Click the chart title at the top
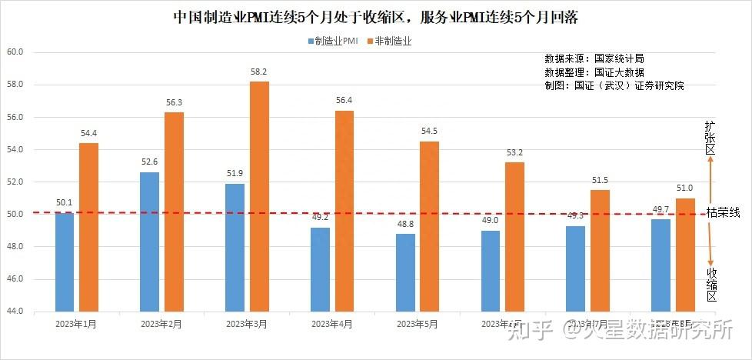(376, 17)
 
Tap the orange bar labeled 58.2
(259, 196)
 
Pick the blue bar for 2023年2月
(150, 242)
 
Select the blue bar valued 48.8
(405, 272)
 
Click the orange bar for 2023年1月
(88, 227)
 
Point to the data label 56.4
(344, 101)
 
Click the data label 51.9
(235, 173)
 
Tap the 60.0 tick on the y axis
(15, 52)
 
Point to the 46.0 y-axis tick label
(15, 278)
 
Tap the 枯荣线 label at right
(724, 213)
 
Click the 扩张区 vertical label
(711, 138)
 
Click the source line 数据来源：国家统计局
(594, 58)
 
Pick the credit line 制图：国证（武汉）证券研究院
(614, 86)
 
